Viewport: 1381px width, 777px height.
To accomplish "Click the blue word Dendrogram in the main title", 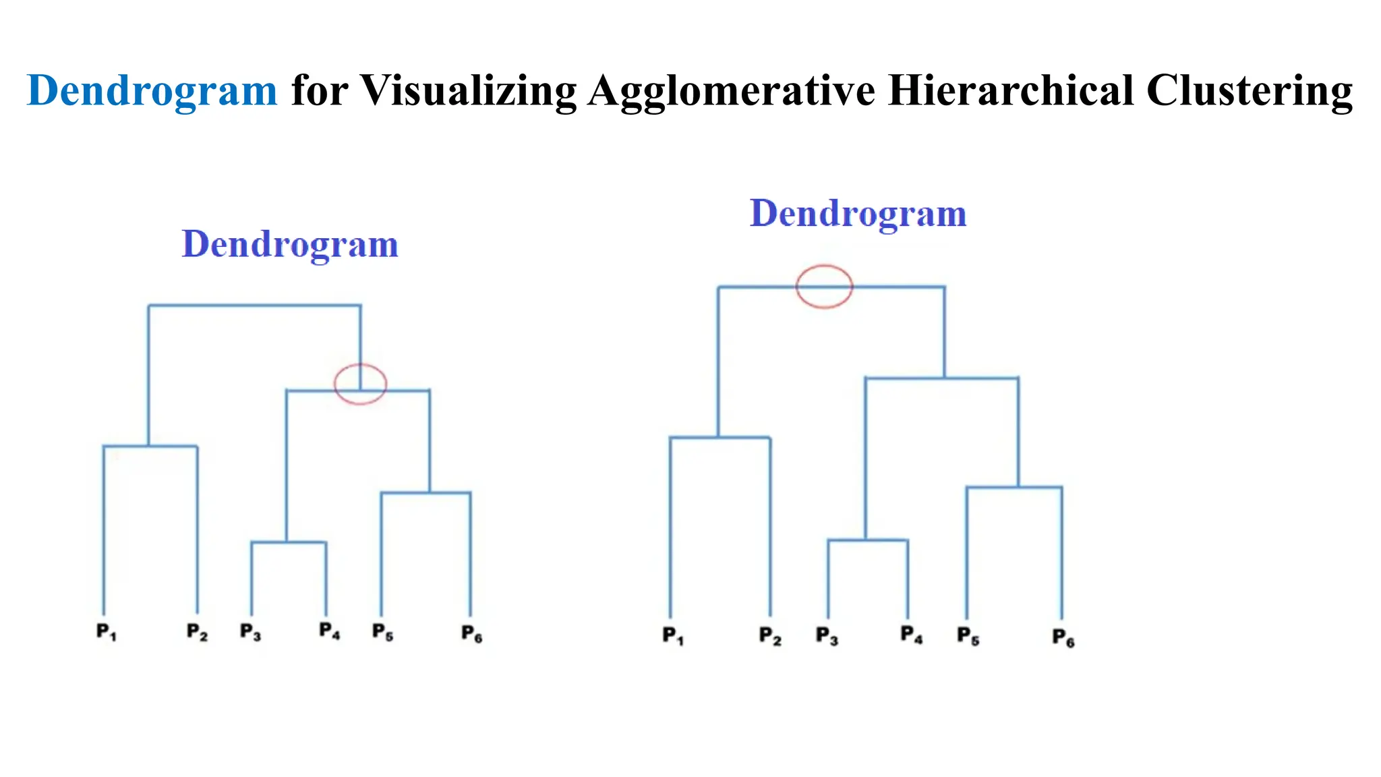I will click(x=152, y=90).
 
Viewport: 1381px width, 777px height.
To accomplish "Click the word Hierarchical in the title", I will click(x=1011, y=90).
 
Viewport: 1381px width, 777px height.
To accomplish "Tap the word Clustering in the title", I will click(x=1250, y=92).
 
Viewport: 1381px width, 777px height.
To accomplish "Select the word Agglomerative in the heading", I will click(x=732, y=92).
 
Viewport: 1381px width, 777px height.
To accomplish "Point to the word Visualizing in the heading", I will click(x=468, y=90).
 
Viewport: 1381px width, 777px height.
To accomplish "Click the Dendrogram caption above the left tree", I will click(x=290, y=244).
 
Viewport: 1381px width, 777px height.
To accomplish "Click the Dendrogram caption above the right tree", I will click(x=858, y=214).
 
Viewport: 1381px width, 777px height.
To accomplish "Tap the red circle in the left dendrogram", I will click(x=360, y=384).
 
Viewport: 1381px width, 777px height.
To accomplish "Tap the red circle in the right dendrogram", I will click(x=824, y=287).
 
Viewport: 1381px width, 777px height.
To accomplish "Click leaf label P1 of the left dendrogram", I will click(x=106, y=632).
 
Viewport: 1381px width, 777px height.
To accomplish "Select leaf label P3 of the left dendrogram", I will click(x=250, y=632).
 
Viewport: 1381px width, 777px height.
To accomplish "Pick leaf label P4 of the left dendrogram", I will click(x=329, y=631).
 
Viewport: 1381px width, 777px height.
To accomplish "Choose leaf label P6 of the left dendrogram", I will click(x=471, y=633).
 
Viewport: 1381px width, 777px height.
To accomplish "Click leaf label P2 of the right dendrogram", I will click(x=769, y=636).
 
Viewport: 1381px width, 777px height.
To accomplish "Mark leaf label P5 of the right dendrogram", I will click(x=968, y=636).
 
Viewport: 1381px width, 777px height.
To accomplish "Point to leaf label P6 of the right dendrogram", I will click(x=1063, y=637).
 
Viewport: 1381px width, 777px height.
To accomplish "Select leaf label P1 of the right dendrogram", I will click(x=672, y=635).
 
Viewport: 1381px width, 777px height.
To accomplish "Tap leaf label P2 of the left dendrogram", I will click(x=197, y=632).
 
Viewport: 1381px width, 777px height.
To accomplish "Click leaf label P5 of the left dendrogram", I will click(x=382, y=632).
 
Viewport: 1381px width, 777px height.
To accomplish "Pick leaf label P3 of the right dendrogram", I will click(x=827, y=636).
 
